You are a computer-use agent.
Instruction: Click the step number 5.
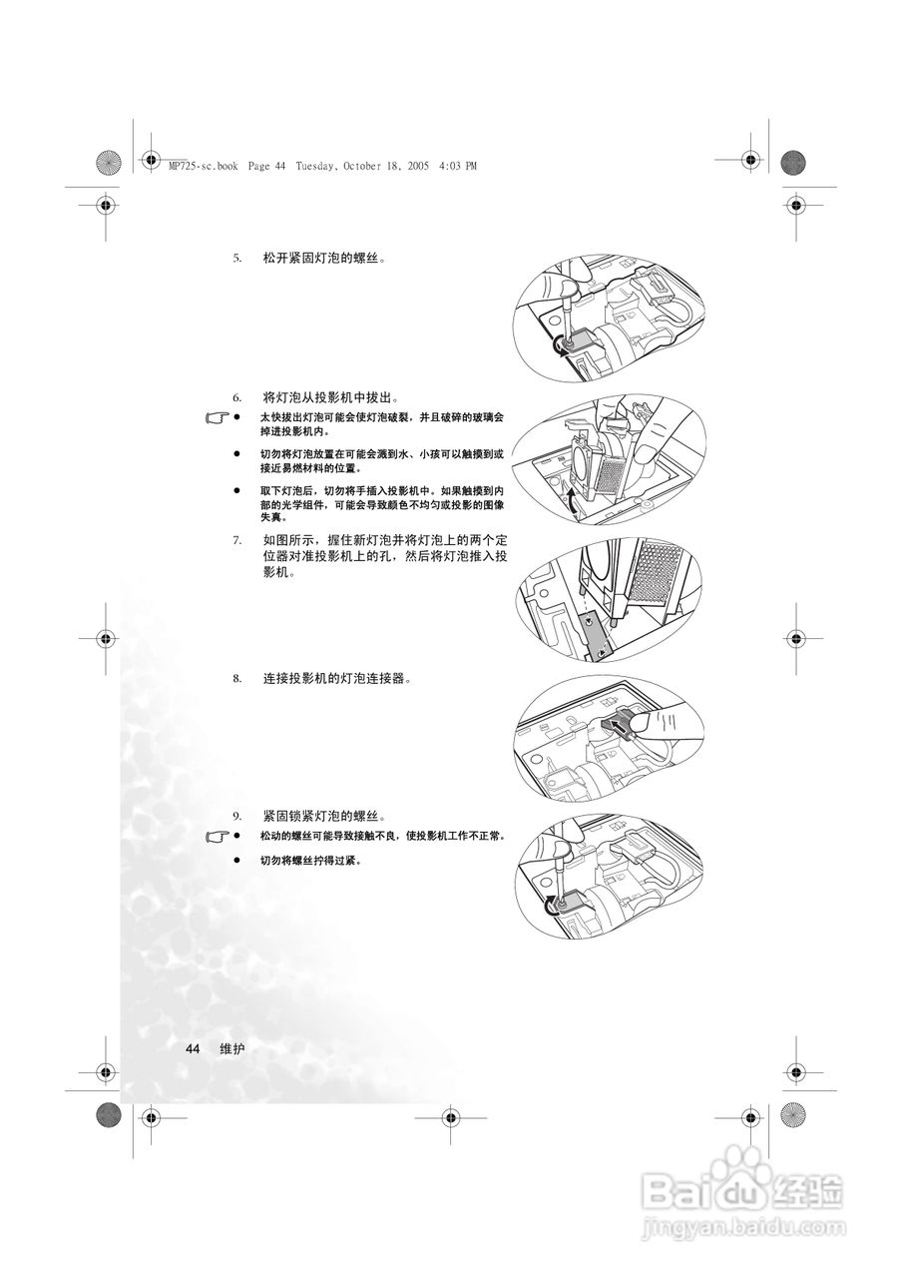[237, 259]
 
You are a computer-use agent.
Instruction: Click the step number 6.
[237, 397]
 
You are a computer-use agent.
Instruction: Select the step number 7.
[237, 540]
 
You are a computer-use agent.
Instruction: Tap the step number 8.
[237, 679]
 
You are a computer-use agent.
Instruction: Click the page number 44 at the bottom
[193, 1048]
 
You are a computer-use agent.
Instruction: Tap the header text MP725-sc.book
[204, 166]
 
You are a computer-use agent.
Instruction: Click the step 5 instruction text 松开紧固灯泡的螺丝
[324, 259]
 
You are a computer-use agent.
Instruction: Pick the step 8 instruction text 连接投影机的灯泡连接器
[337, 679]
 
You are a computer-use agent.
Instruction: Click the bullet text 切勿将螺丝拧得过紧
[310, 860]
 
